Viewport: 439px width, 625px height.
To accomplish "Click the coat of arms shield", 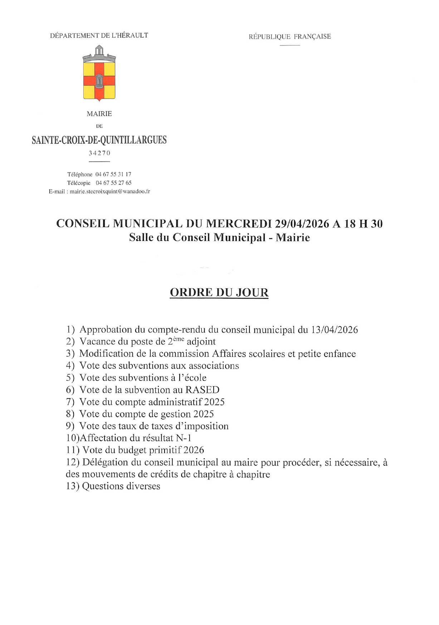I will (99, 79).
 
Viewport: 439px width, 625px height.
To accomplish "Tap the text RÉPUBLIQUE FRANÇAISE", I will (290, 37).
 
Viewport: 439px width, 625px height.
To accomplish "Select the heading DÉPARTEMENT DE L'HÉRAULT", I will (99, 35).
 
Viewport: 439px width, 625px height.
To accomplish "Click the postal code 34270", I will (99, 153).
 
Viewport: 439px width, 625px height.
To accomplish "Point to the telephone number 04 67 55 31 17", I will (113, 174).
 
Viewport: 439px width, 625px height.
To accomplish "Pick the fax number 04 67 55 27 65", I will (113, 183).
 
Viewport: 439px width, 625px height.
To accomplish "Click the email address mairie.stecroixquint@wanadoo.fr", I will (110, 192).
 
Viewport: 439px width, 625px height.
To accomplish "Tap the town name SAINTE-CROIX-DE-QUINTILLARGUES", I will (99, 140).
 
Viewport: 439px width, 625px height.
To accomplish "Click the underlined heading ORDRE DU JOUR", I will (219, 292).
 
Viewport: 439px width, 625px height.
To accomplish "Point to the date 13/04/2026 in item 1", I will (335, 330).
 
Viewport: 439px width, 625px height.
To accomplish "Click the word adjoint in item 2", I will (201, 342).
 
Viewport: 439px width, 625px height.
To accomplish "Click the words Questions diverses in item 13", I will (121, 486).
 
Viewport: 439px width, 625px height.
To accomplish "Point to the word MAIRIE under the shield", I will (99, 114).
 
